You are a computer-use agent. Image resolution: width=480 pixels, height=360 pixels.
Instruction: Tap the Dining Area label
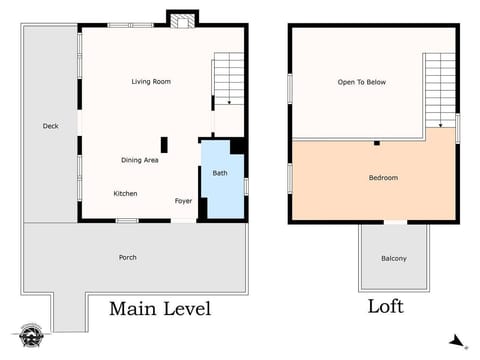point(139,159)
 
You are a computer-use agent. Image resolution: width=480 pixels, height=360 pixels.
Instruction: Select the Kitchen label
point(125,193)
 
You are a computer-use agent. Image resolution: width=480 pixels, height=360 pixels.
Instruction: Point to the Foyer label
point(183,201)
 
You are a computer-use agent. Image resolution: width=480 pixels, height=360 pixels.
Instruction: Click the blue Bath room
point(222,185)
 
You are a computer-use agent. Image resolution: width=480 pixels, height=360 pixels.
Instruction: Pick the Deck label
point(50,126)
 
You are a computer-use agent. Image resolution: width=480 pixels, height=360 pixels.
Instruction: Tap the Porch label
point(128,257)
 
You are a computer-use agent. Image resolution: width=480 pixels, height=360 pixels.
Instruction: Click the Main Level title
point(160,308)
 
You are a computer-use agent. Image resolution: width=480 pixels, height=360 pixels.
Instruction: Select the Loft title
point(386,307)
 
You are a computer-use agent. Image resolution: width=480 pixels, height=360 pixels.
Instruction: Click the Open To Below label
point(361,82)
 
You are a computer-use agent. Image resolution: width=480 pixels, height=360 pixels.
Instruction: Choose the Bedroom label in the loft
point(383,178)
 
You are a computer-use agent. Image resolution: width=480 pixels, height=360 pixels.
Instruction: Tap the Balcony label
point(393,259)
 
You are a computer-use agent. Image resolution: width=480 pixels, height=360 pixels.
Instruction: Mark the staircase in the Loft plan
point(440,90)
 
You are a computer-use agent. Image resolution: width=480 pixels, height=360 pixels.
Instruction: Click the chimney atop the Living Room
point(181,19)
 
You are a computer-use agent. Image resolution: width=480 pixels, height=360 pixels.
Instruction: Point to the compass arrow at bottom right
point(457,341)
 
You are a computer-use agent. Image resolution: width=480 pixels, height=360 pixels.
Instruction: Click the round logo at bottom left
point(30,335)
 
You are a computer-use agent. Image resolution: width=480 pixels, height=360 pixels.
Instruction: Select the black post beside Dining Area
point(164,144)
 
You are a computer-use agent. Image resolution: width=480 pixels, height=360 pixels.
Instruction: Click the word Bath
point(219,174)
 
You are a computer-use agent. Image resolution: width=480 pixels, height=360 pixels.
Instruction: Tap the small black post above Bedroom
point(376,143)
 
